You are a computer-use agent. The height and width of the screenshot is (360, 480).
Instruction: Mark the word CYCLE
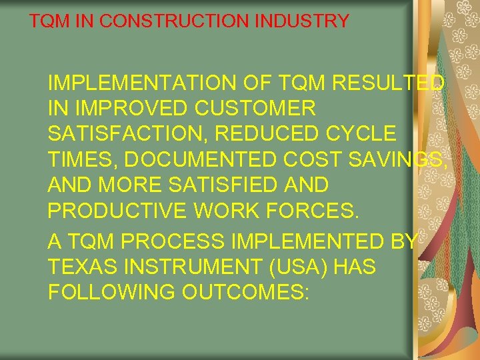pyautogui.click(x=363, y=133)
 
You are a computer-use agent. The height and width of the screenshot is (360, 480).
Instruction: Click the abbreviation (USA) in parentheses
pyautogui.click(x=290, y=267)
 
